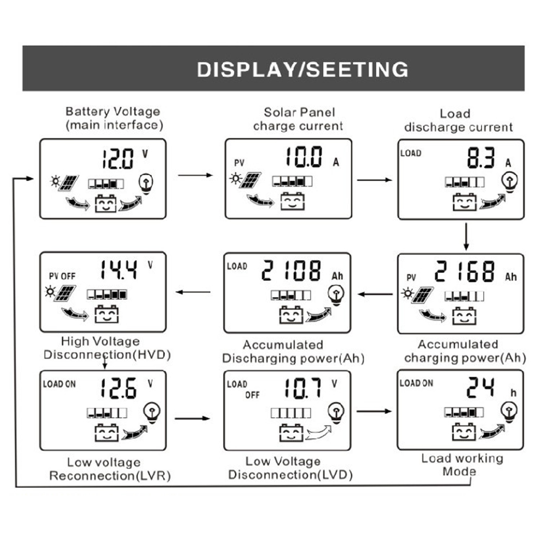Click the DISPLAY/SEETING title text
[302, 70]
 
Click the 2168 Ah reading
[465, 272]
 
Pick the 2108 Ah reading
[291, 271]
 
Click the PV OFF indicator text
[61, 276]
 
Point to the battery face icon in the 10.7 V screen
[291, 433]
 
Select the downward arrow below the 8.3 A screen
[466, 236]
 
